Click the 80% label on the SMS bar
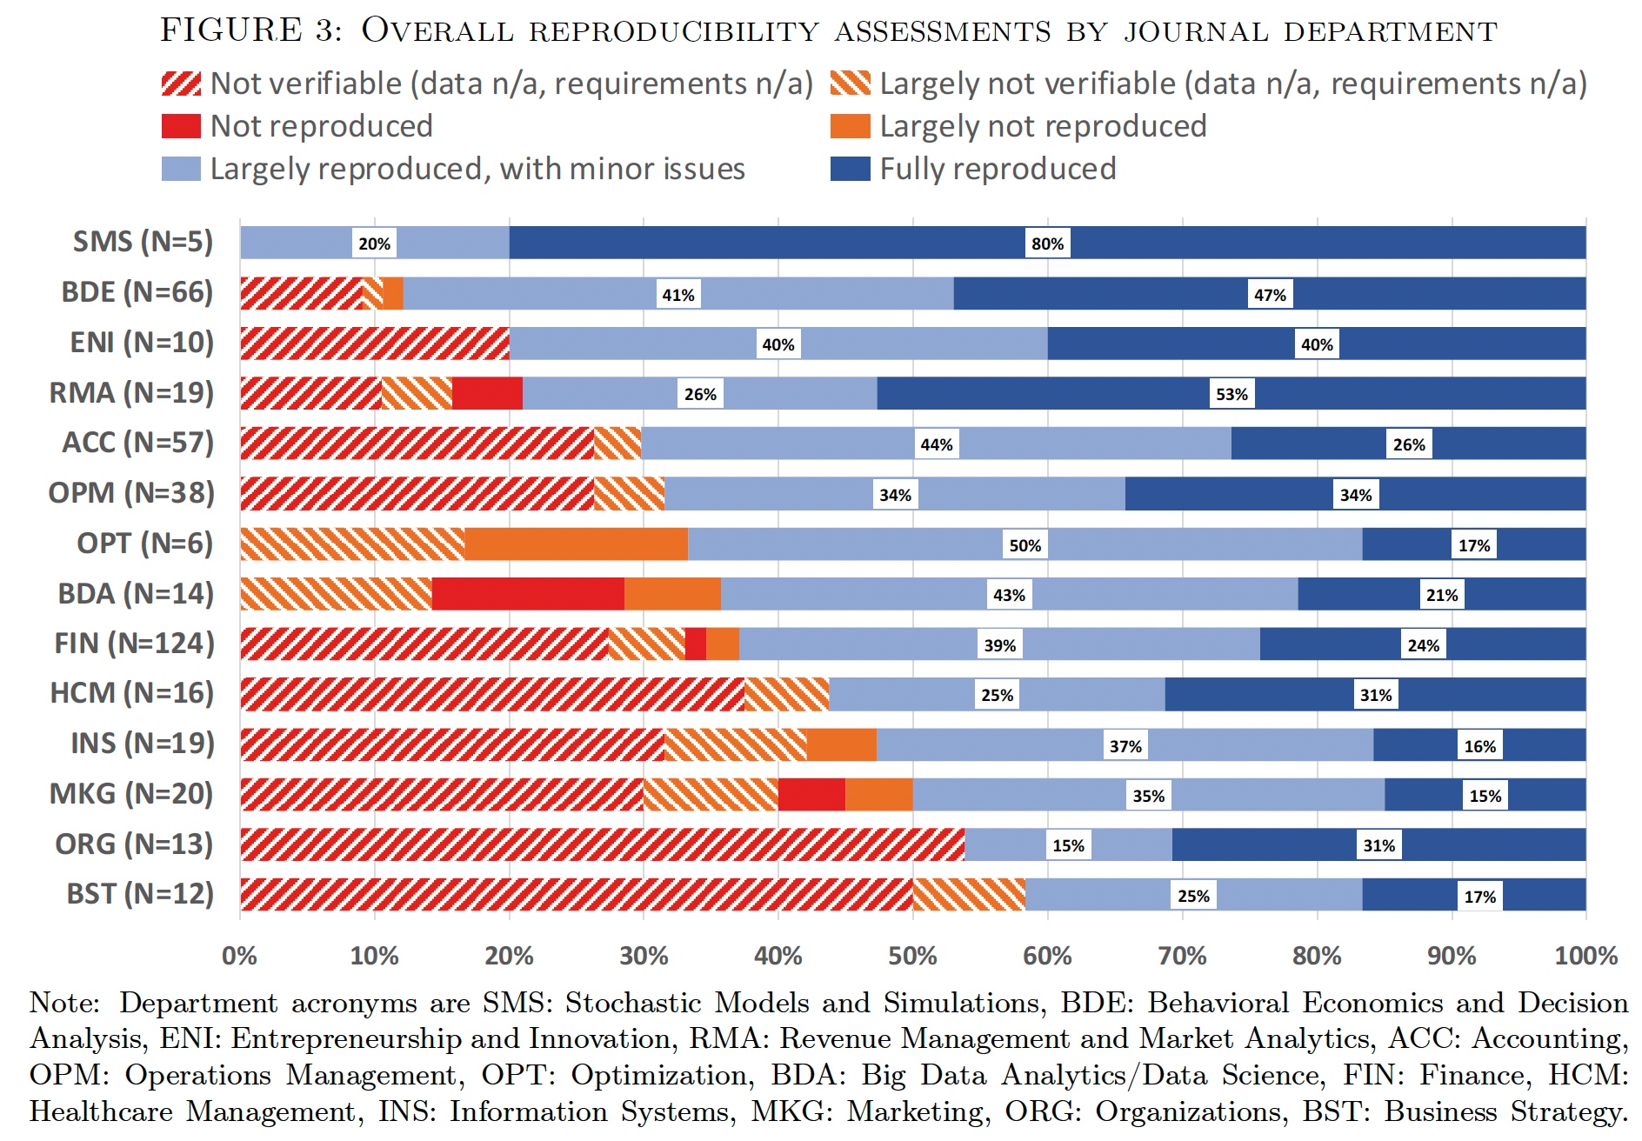pos(1047,244)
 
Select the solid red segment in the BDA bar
pos(528,594)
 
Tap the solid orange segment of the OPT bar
pos(576,544)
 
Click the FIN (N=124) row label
pos(134,644)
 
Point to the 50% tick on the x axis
pos(912,956)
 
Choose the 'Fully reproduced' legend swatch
pos(850,169)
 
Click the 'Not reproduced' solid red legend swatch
pos(181,126)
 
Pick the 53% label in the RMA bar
pos(1231,394)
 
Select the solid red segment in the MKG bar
pos(811,795)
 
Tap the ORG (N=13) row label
pos(134,844)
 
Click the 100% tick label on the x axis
pos(1585,956)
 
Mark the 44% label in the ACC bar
pos(937,444)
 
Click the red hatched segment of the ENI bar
pos(375,344)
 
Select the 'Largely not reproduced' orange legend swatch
pos(850,126)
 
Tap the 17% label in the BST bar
pos(1479,897)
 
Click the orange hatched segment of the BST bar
pos(969,895)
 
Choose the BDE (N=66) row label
pos(137,292)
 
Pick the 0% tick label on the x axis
pos(239,956)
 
